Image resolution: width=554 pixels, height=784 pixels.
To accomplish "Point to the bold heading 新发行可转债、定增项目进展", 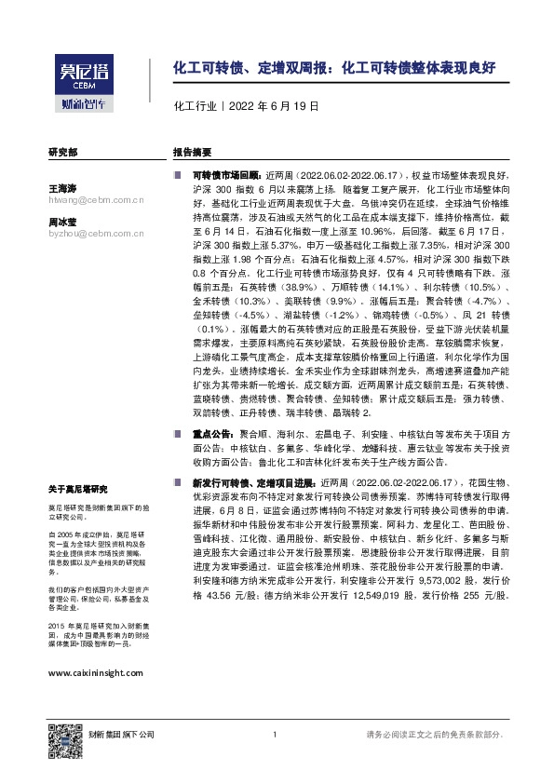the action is coord(254,484).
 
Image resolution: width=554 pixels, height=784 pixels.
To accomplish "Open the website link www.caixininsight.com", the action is coord(94,672).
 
